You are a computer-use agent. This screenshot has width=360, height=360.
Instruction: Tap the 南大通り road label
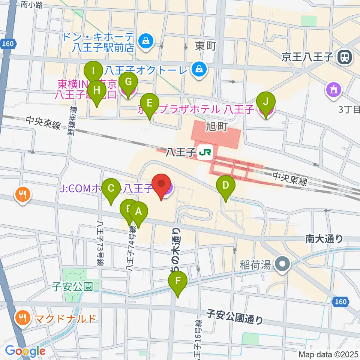[324, 238]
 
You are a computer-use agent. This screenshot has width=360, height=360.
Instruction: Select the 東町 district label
[206, 46]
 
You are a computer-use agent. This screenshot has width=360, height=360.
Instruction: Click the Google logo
[25, 351]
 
